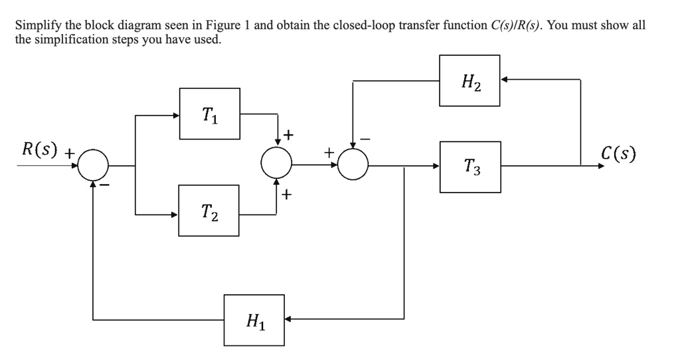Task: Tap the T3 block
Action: [x=469, y=167]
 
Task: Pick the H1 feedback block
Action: [x=254, y=320]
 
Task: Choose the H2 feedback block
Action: [x=469, y=80]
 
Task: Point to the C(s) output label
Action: [x=617, y=155]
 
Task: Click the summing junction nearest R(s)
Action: [x=93, y=165]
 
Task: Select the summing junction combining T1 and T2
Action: [x=276, y=162]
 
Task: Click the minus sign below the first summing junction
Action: [x=104, y=184]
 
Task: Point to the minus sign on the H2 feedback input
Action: [x=365, y=139]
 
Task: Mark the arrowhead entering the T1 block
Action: [x=176, y=116]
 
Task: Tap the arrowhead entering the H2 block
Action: [x=503, y=80]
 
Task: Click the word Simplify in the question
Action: [x=37, y=25]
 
